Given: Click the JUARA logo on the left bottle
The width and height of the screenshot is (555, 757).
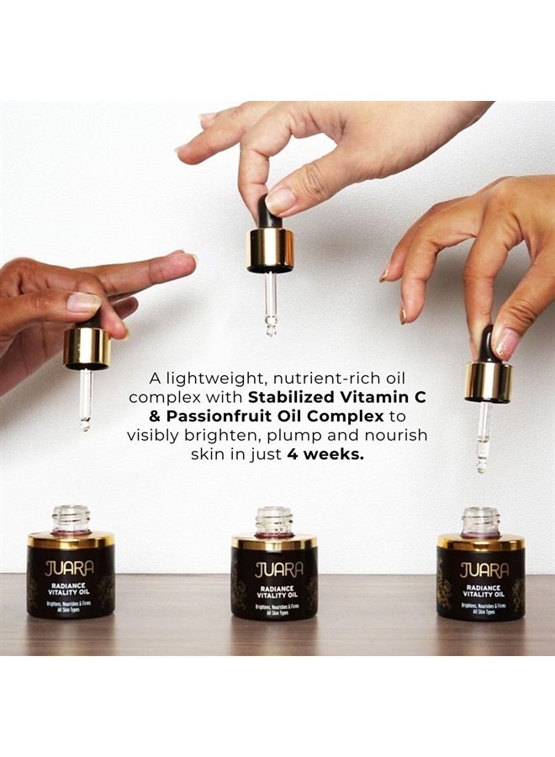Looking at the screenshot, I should pyautogui.click(x=70, y=567).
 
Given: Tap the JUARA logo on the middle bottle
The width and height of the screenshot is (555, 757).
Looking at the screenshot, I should pyautogui.click(x=274, y=567).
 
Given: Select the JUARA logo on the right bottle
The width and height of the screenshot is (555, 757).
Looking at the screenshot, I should pyautogui.click(x=484, y=569).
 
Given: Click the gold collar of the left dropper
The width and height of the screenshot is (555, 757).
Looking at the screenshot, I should pyautogui.click(x=87, y=347).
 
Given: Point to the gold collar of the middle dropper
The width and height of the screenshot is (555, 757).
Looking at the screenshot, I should pyautogui.click(x=271, y=250).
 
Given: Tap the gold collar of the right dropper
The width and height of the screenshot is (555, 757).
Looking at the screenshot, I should pyautogui.click(x=489, y=381).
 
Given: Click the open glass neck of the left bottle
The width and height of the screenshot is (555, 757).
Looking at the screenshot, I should pyautogui.click(x=71, y=519).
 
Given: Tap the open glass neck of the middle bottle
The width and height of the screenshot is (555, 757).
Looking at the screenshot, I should pyautogui.click(x=274, y=521).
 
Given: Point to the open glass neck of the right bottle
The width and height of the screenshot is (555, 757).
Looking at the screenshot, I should pyautogui.click(x=480, y=521).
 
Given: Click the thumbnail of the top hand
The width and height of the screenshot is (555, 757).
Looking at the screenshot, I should pyautogui.click(x=279, y=199).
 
